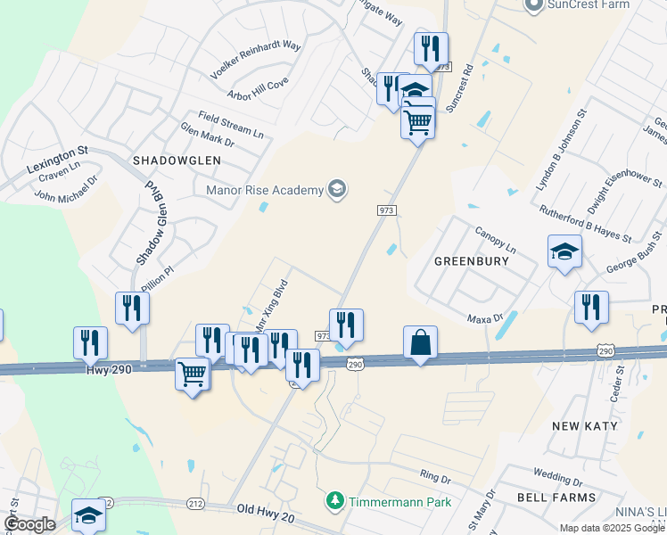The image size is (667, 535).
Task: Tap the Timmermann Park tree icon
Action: coord(335,501)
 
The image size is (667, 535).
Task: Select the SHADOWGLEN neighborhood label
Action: coord(170,160)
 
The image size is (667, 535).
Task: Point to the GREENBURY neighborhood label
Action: coord(471,261)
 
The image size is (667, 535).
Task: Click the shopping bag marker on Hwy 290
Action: coord(420,343)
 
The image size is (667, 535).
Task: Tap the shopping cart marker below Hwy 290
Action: coord(193,374)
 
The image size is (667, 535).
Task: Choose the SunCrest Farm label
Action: coord(589,4)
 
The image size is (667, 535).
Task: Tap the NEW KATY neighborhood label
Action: coord(584,425)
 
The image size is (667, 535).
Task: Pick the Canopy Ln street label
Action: coord(495,238)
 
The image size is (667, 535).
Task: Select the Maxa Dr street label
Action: coord(485,317)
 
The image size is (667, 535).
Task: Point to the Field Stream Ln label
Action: coord(231,125)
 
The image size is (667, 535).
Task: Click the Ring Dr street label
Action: coord(435,479)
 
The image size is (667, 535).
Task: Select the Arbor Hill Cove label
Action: coord(258,87)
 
